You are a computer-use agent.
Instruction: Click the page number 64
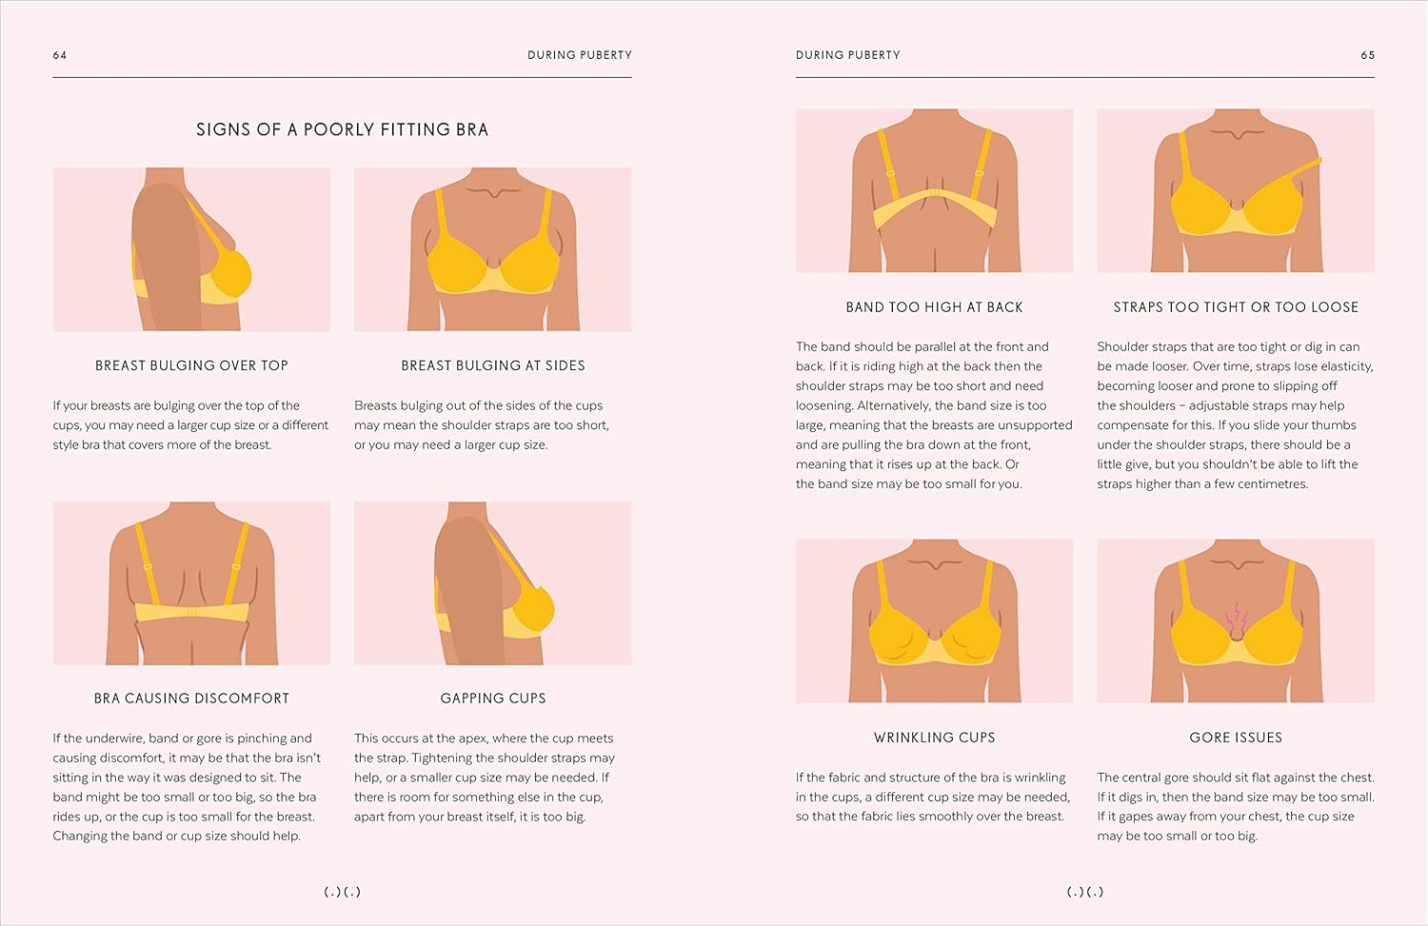click(x=60, y=55)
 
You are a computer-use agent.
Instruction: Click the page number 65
click(x=1367, y=55)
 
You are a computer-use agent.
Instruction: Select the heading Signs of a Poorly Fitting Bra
click(x=342, y=129)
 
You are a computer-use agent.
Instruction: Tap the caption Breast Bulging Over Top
click(x=191, y=365)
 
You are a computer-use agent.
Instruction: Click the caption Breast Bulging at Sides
click(x=493, y=365)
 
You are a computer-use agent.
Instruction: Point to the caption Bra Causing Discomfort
click(x=191, y=699)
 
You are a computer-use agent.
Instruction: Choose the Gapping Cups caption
click(x=493, y=699)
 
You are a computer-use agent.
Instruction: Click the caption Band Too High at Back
click(x=934, y=307)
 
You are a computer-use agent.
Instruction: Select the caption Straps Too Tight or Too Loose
click(x=1236, y=307)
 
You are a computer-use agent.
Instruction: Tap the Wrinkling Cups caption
click(x=934, y=738)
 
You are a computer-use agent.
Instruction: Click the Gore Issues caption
click(x=1236, y=738)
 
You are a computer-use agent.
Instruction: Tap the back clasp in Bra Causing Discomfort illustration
click(x=191, y=612)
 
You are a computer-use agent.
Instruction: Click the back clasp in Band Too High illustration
click(x=935, y=193)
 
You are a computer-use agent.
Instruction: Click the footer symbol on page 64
click(x=342, y=892)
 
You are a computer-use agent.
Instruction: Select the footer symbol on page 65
click(x=1085, y=892)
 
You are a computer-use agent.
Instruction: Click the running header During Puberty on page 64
click(x=579, y=55)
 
